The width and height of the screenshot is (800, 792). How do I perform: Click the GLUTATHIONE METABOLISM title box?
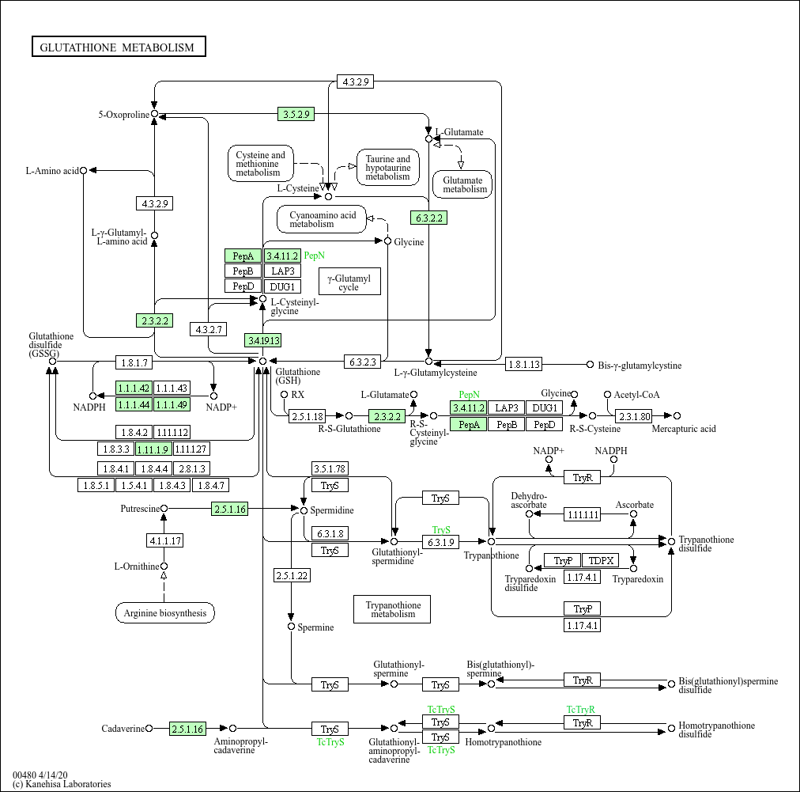pyautogui.click(x=119, y=47)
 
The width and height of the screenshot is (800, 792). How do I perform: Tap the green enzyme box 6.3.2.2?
pyautogui.click(x=429, y=217)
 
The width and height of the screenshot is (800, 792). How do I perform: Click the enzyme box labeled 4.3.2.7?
pyautogui.click(x=209, y=328)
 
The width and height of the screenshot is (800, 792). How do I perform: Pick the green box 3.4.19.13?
pyautogui.click(x=263, y=340)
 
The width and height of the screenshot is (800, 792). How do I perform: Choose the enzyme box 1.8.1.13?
pyautogui.click(x=524, y=365)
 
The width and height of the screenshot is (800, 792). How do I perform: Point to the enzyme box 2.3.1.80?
pyautogui.click(x=634, y=415)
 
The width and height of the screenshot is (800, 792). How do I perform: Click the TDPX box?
pyautogui.click(x=602, y=560)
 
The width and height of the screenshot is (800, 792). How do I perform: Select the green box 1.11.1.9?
pyautogui.click(x=153, y=449)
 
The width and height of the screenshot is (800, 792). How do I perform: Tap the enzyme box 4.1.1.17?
pyautogui.click(x=164, y=541)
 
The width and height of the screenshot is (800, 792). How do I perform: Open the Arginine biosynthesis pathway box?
pyautogui.click(x=164, y=612)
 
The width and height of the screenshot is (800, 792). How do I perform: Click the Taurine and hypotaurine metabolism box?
pyautogui.click(x=387, y=168)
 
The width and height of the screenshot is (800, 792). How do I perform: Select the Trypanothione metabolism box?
pyautogui.click(x=392, y=608)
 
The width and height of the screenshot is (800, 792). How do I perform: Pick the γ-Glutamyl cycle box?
pyautogui.click(x=349, y=282)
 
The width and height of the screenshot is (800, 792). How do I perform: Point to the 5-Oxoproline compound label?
pyautogui.click(x=123, y=115)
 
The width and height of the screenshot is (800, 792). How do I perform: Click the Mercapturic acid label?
pyautogui.click(x=684, y=429)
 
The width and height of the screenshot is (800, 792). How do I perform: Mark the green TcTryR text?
pyautogui.click(x=580, y=710)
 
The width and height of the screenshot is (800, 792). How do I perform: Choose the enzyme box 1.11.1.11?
pyautogui.click(x=582, y=514)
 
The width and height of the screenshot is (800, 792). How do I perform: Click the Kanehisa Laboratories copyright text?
pyautogui.click(x=62, y=784)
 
